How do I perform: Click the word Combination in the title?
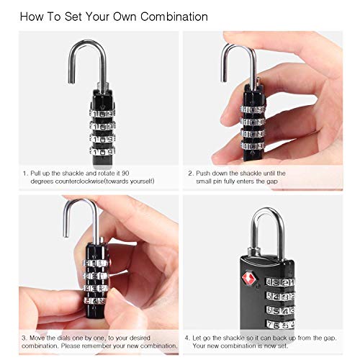coord(174,17)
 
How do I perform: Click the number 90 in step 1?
coord(125,173)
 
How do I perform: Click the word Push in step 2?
coord(203,173)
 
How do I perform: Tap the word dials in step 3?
coord(64,338)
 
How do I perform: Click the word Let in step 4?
coord(197,338)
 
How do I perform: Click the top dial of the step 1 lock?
coord(102,114)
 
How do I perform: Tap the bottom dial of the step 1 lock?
coord(102,151)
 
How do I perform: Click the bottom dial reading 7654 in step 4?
coord(280,325)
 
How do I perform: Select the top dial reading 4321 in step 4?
coord(280,282)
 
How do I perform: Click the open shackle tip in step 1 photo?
coord(71,81)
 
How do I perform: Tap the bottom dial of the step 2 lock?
coord(253,145)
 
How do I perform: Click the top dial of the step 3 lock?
coord(95,263)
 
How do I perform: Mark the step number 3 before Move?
coord(24,338)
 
